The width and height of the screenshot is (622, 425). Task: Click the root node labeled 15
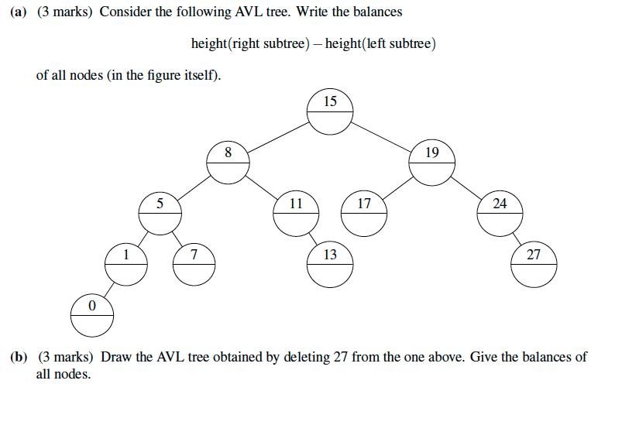pos(330,112)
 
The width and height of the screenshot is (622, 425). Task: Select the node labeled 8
pos(228,163)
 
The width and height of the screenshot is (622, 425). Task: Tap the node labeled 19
pos(431,163)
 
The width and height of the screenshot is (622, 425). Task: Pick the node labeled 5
pos(160,214)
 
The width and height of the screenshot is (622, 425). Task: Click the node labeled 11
pos(295,214)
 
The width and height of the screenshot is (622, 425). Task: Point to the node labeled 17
pos(363,214)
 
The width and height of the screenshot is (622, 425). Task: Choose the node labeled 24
pos(500,214)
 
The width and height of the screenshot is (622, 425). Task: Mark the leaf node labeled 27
pos(534,264)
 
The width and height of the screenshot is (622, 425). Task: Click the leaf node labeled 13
pos(329,264)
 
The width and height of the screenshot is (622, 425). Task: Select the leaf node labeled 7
pos(194,264)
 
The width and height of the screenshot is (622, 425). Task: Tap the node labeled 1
pos(125,264)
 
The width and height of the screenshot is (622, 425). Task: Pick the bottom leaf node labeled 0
pos(91,315)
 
